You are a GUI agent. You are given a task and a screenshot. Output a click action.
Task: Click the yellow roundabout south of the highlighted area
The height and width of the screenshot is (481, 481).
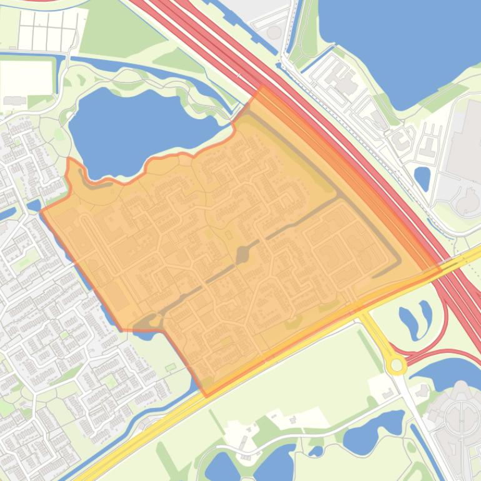pyautogui.click(x=395, y=364)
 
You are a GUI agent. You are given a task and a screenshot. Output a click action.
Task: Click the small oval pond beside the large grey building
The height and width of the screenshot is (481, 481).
pyautogui.click(x=422, y=179)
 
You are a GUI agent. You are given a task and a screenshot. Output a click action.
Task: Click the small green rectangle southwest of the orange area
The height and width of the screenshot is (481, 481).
pyautogui.click(x=171, y=367)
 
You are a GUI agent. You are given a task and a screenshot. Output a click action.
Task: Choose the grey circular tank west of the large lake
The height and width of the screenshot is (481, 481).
pyautogui.click(x=274, y=32)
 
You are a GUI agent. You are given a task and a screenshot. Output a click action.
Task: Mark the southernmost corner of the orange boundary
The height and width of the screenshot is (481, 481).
pyautogui.click(x=207, y=395)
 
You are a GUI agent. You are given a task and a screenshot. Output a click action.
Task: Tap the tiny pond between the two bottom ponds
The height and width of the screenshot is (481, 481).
pyautogui.click(x=315, y=451)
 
